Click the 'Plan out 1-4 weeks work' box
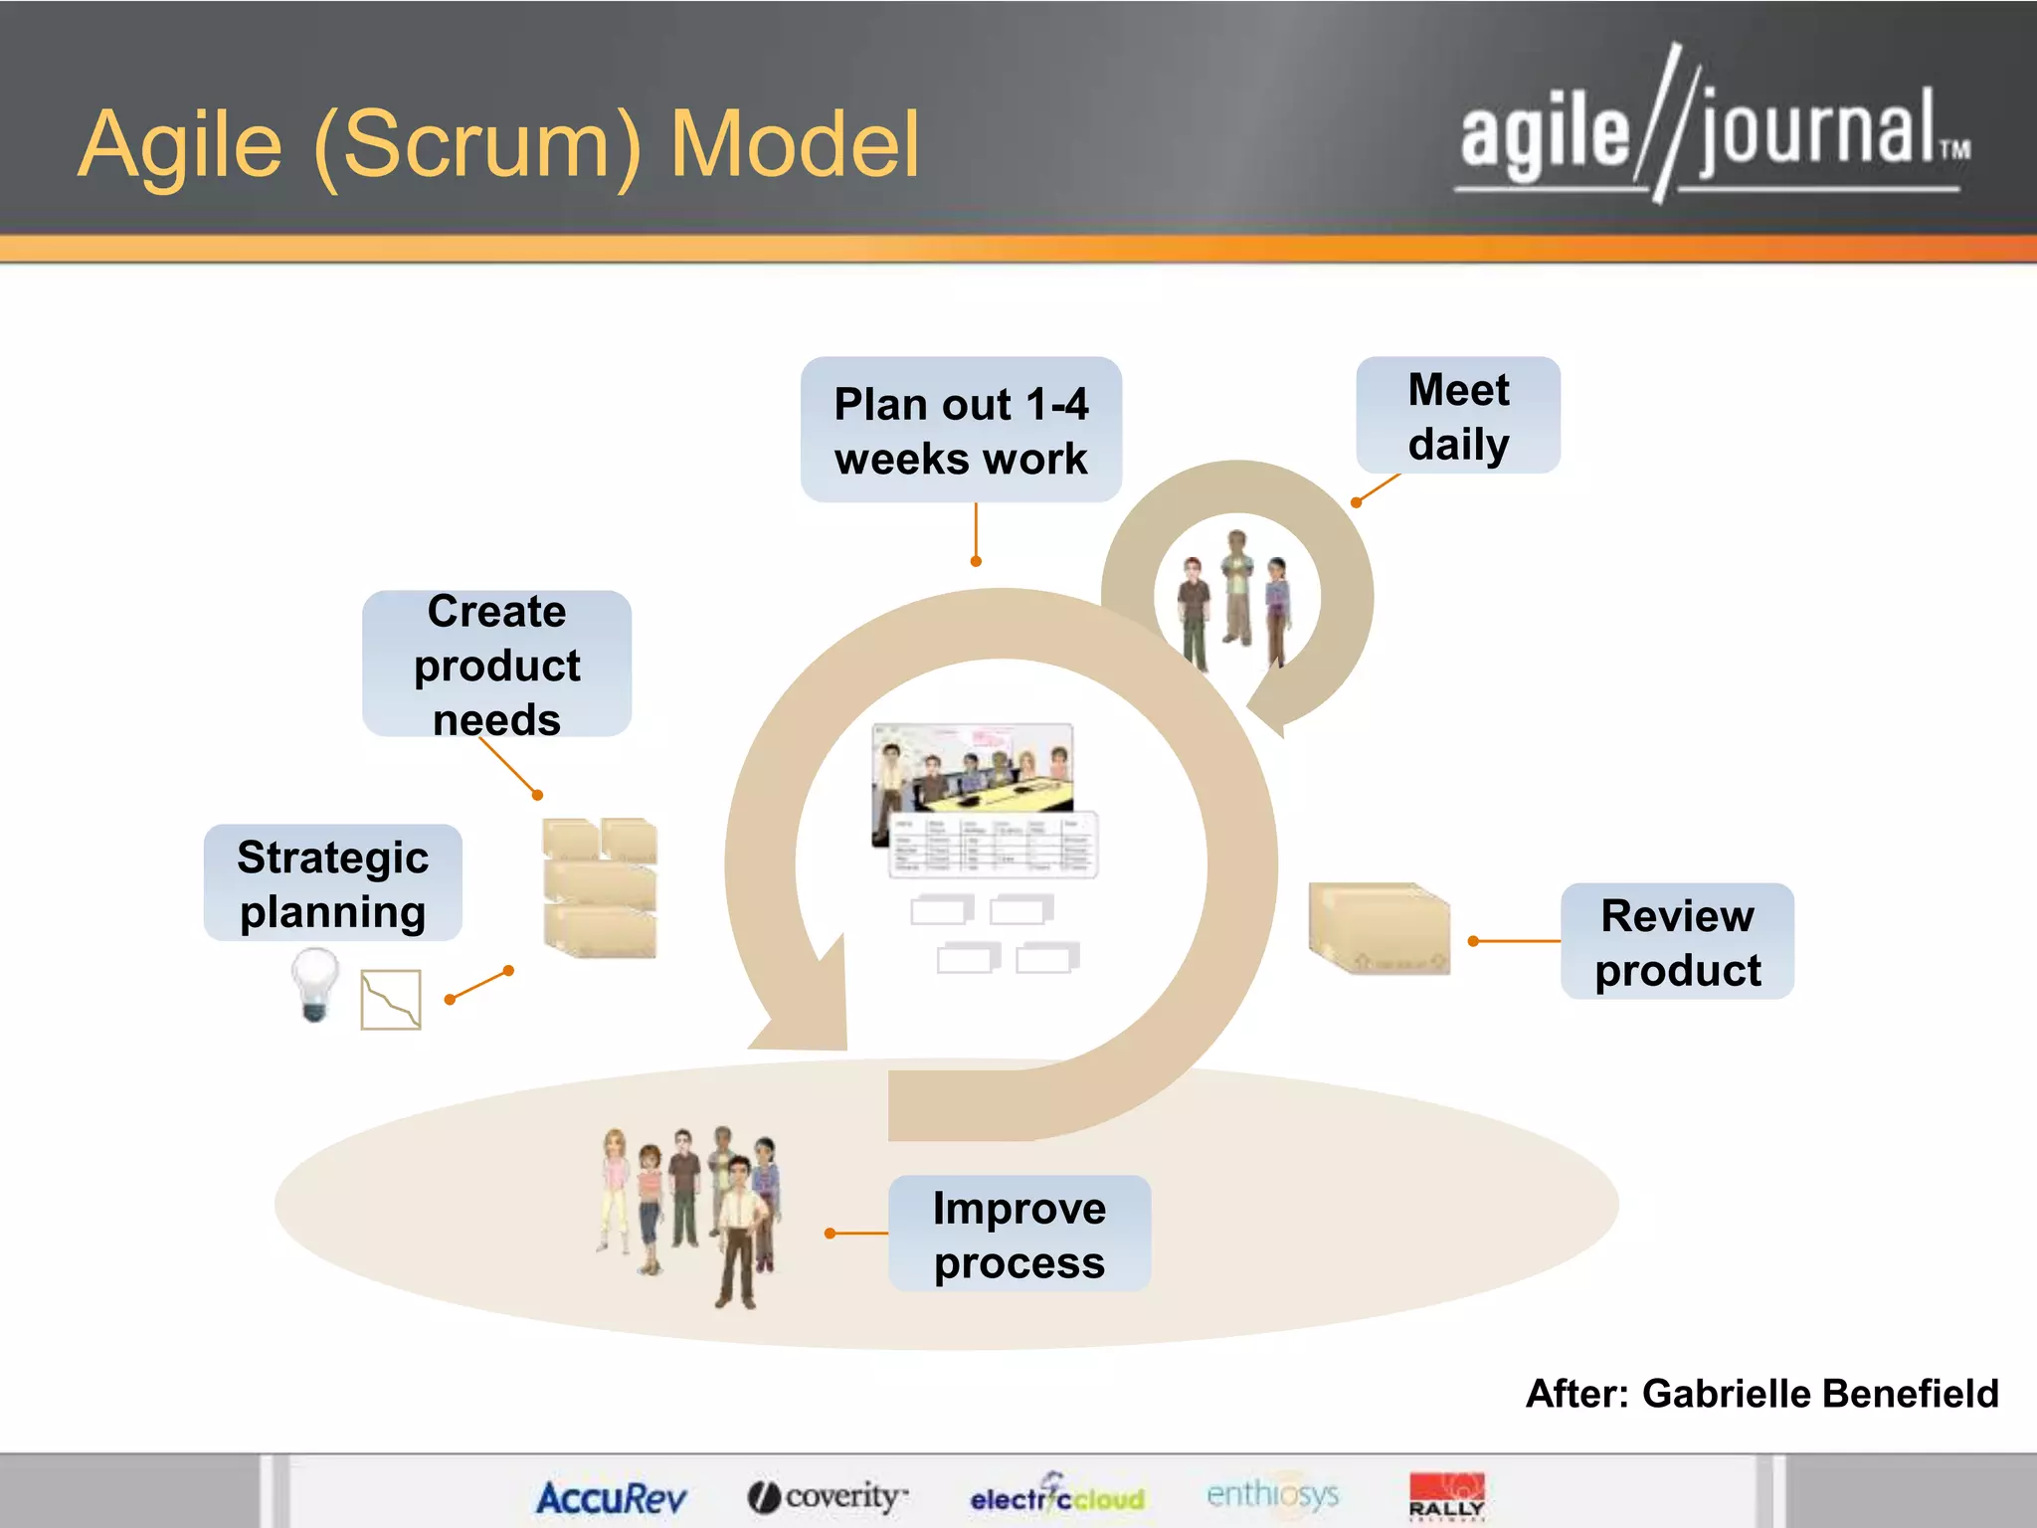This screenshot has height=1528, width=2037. click(x=961, y=430)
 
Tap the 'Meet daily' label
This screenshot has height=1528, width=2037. click(x=1458, y=416)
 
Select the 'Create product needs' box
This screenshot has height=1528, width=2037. click(x=496, y=664)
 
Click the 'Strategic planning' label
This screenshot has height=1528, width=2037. click(x=332, y=883)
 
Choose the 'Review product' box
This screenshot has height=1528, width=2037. click(x=1677, y=941)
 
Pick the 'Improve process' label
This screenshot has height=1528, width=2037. click(x=1018, y=1234)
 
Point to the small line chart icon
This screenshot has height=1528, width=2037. click(x=390, y=999)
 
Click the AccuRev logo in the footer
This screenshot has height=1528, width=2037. click(x=611, y=1497)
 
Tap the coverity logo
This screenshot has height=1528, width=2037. click(x=828, y=1496)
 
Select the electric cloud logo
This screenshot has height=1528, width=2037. click(x=1057, y=1496)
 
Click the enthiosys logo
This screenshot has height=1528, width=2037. click(x=1272, y=1494)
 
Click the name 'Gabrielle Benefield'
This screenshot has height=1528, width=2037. click(x=1819, y=1393)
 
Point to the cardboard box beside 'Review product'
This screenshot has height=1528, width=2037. click(x=1379, y=929)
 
